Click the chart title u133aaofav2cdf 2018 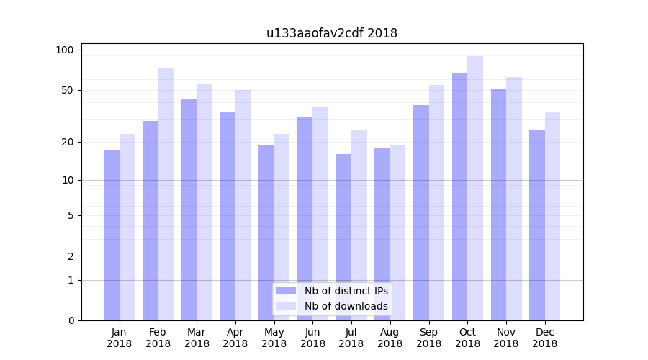point(331,33)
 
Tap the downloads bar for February point(166,194)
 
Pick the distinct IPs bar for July point(343,237)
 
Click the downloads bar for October point(475,188)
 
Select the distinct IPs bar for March point(189,209)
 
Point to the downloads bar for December point(552,215)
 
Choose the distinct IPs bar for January point(112,235)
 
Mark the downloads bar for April point(243,204)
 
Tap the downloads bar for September point(436,202)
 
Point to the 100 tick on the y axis point(65,50)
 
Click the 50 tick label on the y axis point(67,90)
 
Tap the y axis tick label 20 point(67,142)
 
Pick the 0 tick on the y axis point(71,320)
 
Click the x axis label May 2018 point(274,338)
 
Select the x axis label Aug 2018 point(390,338)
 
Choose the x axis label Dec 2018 point(544,338)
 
